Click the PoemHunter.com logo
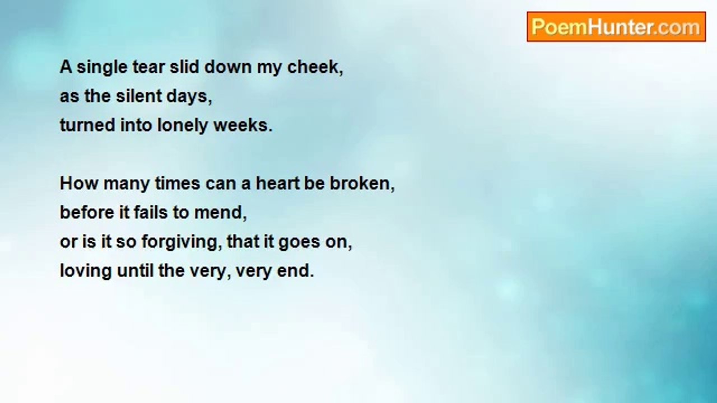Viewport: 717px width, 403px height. pos(616,26)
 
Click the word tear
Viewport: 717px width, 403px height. pos(148,67)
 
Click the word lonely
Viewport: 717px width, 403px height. pos(182,125)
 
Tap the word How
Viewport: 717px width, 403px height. pos(80,184)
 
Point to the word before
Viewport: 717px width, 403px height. pos(87,212)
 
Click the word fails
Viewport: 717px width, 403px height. pos(151,212)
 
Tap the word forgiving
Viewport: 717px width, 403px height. pos(179,242)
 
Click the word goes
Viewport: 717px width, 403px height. pos(299,242)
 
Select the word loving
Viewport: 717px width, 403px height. pos(86,271)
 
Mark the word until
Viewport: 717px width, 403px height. pos(135,270)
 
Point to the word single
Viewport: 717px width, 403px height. pos(102,68)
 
